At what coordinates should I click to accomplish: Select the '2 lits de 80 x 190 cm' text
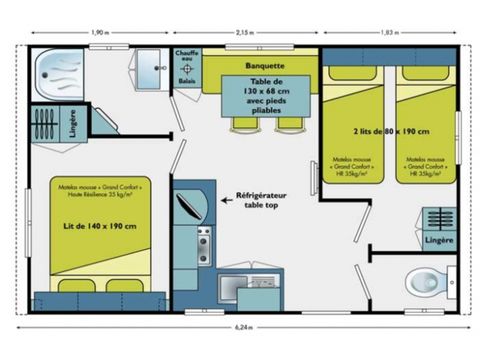point(389,131)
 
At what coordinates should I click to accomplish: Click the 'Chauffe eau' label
point(187,56)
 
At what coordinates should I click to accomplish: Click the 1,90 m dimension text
point(99,32)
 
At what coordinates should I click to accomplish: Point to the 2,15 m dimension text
point(244,32)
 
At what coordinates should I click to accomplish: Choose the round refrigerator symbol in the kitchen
point(191,208)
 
